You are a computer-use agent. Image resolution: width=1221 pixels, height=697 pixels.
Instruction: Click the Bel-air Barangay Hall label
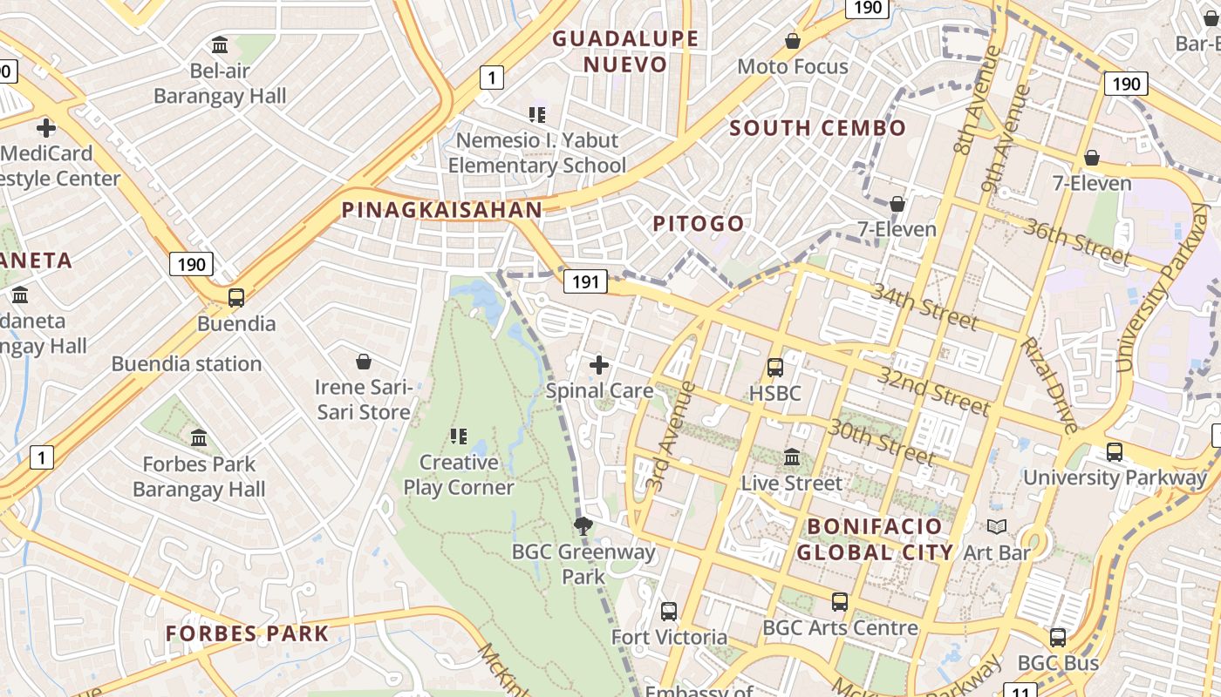pyautogui.click(x=220, y=83)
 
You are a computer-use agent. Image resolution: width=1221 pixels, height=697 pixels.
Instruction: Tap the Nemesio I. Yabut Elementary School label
pyautogui.click(x=537, y=152)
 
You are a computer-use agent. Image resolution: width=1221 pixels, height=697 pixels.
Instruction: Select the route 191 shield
pyautogui.click(x=585, y=281)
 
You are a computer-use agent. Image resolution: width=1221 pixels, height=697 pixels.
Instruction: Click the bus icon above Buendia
pyautogui.click(x=235, y=297)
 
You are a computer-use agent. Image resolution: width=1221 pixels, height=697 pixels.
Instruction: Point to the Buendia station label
pyautogui.click(x=187, y=363)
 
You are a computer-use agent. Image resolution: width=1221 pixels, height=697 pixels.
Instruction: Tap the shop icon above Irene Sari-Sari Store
pyautogui.click(x=364, y=361)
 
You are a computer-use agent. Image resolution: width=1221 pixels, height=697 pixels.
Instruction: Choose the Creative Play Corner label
pyautogui.click(x=459, y=475)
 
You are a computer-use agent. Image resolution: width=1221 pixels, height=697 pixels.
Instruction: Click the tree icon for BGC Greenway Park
pyautogui.click(x=583, y=525)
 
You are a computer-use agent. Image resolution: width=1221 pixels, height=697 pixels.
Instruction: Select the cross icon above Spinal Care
pyautogui.click(x=599, y=365)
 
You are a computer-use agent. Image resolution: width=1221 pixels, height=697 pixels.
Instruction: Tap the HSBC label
pyautogui.click(x=774, y=393)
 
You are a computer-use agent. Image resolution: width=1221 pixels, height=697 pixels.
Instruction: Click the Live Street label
pyautogui.click(x=792, y=483)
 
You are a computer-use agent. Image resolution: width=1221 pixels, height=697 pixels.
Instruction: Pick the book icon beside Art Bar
pyautogui.click(x=996, y=526)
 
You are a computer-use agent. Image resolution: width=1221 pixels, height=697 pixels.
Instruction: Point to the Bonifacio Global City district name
pyautogui.click(x=875, y=539)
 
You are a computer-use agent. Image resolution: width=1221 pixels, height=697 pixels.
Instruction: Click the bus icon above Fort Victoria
pyautogui.click(x=669, y=611)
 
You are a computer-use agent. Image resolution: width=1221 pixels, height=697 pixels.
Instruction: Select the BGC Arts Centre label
pyautogui.click(x=840, y=627)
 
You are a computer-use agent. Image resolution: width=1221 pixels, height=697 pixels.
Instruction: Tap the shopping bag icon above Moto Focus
pyautogui.click(x=793, y=41)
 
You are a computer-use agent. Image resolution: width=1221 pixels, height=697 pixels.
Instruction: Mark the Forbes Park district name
pyautogui.click(x=248, y=633)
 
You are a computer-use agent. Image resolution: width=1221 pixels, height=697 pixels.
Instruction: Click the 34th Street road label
pyautogui.click(x=924, y=307)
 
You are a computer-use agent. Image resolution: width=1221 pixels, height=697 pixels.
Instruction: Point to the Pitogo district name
pyautogui.click(x=699, y=224)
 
